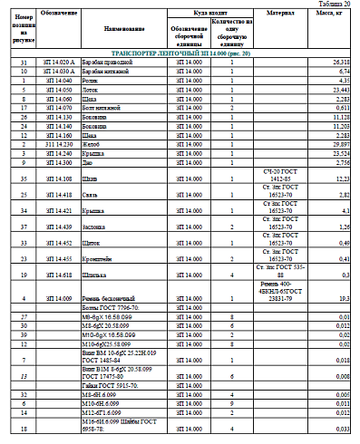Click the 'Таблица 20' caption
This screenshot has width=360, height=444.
coord(336,4)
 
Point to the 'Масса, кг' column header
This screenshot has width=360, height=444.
coord(331,14)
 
